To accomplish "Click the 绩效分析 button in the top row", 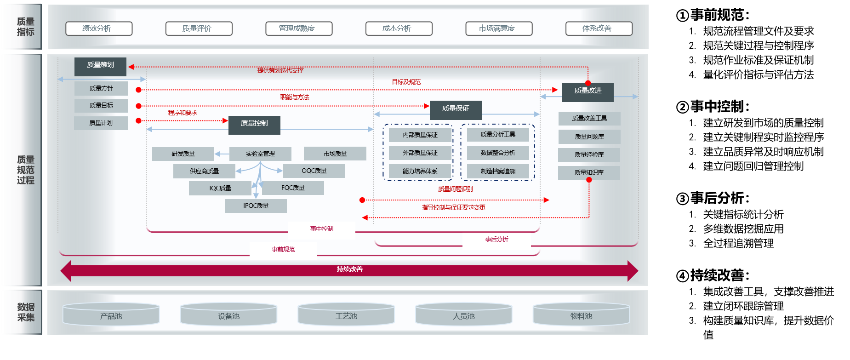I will (x=99, y=29).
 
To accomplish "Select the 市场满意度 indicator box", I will (x=499, y=29).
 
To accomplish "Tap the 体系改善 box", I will (x=599, y=29).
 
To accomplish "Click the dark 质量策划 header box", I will (x=100, y=65).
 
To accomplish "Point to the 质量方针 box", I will (x=101, y=88).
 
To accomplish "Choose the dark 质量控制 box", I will (x=254, y=124).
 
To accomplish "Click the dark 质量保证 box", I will (x=456, y=109).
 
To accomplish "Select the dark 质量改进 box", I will (x=588, y=91).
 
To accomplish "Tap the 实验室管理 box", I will (x=260, y=154).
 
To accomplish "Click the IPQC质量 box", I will (x=256, y=206).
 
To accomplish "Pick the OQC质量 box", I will (x=314, y=171).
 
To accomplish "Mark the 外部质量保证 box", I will (x=420, y=153).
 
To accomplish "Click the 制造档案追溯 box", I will (x=498, y=171).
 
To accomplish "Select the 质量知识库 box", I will (x=589, y=172).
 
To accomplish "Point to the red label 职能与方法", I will (x=295, y=97).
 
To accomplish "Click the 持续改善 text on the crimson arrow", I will (x=349, y=269).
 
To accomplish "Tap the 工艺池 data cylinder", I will (x=346, y=315).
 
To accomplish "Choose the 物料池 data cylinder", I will (x=581, y=315).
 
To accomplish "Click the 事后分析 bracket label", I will (x=496, y=240).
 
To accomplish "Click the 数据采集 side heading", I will (x=26, y=312).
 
